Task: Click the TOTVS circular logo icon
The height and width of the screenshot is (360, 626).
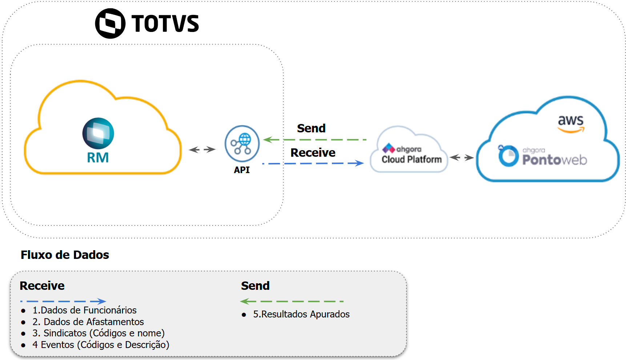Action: point(110,24)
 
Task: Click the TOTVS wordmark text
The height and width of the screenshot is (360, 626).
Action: point(165,24)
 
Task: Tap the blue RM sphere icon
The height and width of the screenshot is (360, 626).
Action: point(98,133)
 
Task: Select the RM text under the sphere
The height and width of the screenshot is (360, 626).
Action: point(98,158)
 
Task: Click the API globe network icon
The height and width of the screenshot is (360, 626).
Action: point(242,144)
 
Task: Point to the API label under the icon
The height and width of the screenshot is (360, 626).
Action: point(242,170)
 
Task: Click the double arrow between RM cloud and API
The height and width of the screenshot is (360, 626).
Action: point(202,149)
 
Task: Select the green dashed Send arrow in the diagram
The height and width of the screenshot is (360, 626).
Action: point(315,140)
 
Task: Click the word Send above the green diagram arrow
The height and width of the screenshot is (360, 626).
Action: point(311,128)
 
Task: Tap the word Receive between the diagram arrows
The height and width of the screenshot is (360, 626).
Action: point(313,153)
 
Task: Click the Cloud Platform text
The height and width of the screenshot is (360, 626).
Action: point(412,160)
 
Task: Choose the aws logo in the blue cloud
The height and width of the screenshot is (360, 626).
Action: point(571,123)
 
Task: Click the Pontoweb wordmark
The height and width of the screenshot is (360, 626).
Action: point(554,160)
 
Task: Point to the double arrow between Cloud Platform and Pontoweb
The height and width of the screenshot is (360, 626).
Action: point(462,157)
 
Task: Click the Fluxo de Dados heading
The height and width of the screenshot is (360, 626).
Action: point(65,255)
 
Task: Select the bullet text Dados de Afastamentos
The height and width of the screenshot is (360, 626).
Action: point(88,322)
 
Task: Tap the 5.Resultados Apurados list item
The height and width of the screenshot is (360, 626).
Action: point(301,314)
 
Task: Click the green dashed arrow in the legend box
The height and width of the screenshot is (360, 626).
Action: point(292,301)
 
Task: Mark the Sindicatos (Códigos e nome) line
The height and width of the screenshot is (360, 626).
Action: point(99,333)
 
